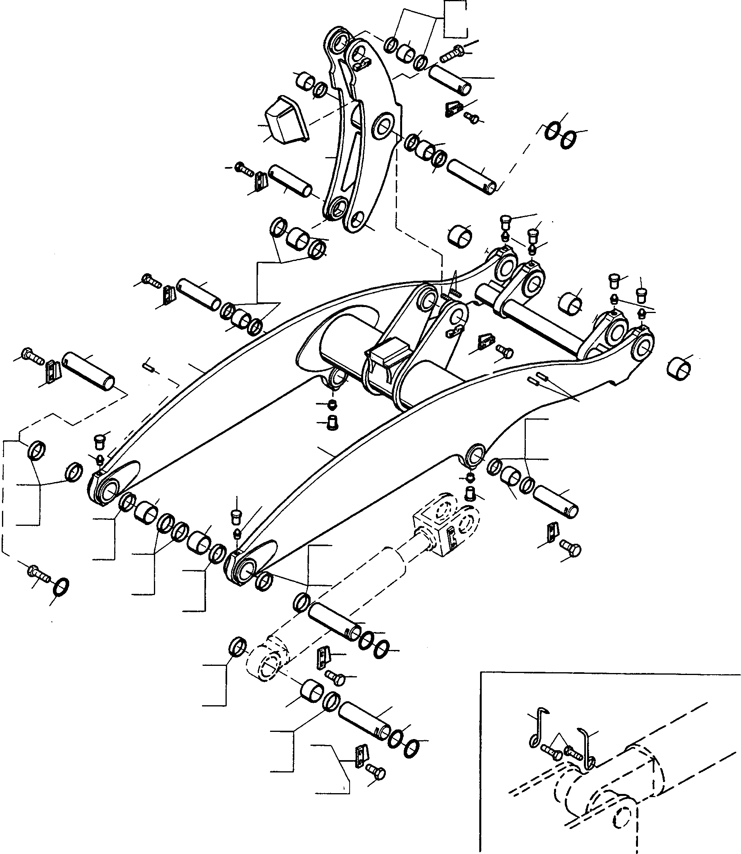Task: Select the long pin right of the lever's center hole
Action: click(472, 176)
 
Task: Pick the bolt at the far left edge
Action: click(31, 355)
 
